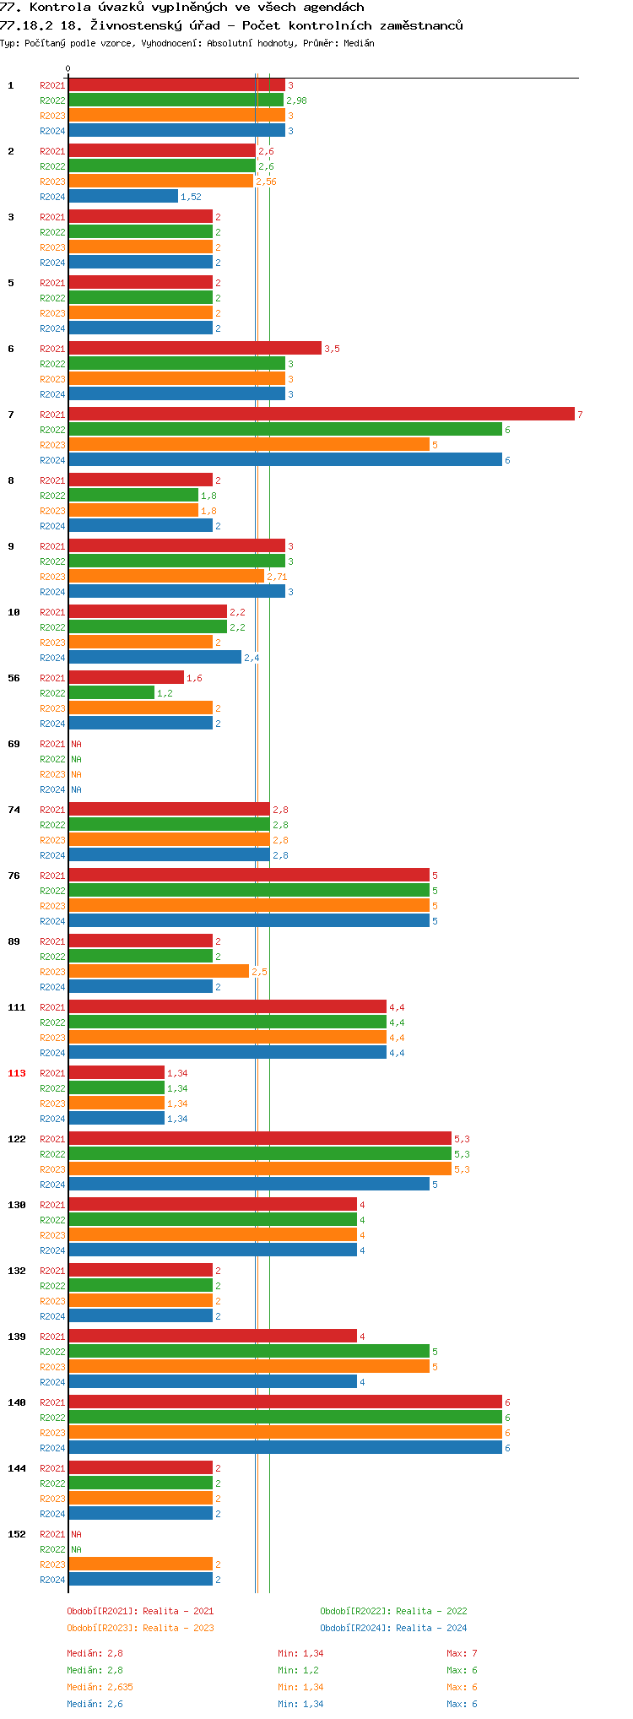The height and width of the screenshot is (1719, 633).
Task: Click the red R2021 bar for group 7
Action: pos(321,414)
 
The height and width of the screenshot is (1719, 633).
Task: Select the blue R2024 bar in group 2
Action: pos(123,197)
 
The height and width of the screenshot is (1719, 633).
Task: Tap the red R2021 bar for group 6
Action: pos(194,348)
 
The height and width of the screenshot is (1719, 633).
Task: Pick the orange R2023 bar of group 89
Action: pos(159,971)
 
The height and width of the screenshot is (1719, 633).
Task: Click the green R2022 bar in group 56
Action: pos(111,692)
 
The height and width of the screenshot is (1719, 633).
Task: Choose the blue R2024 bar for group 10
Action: pos(154,657)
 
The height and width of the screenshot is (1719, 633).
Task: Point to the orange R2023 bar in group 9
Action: pos(166,576)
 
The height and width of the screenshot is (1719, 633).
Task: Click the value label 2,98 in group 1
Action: pos(296,100)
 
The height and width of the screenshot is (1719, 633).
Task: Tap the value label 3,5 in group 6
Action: pos(332,349)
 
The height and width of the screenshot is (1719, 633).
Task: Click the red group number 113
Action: pos(17,1073)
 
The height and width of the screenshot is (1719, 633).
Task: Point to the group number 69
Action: pos(14,744)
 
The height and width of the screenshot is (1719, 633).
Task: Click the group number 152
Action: pos(17,1534)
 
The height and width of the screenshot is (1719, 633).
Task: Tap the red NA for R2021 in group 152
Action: pos(76,1534)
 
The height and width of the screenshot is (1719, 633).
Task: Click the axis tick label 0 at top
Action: pos(68,69)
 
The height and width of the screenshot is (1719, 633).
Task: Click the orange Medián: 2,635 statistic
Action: pos(100,1687)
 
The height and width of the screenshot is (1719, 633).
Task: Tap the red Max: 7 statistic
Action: pos(462,1653)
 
